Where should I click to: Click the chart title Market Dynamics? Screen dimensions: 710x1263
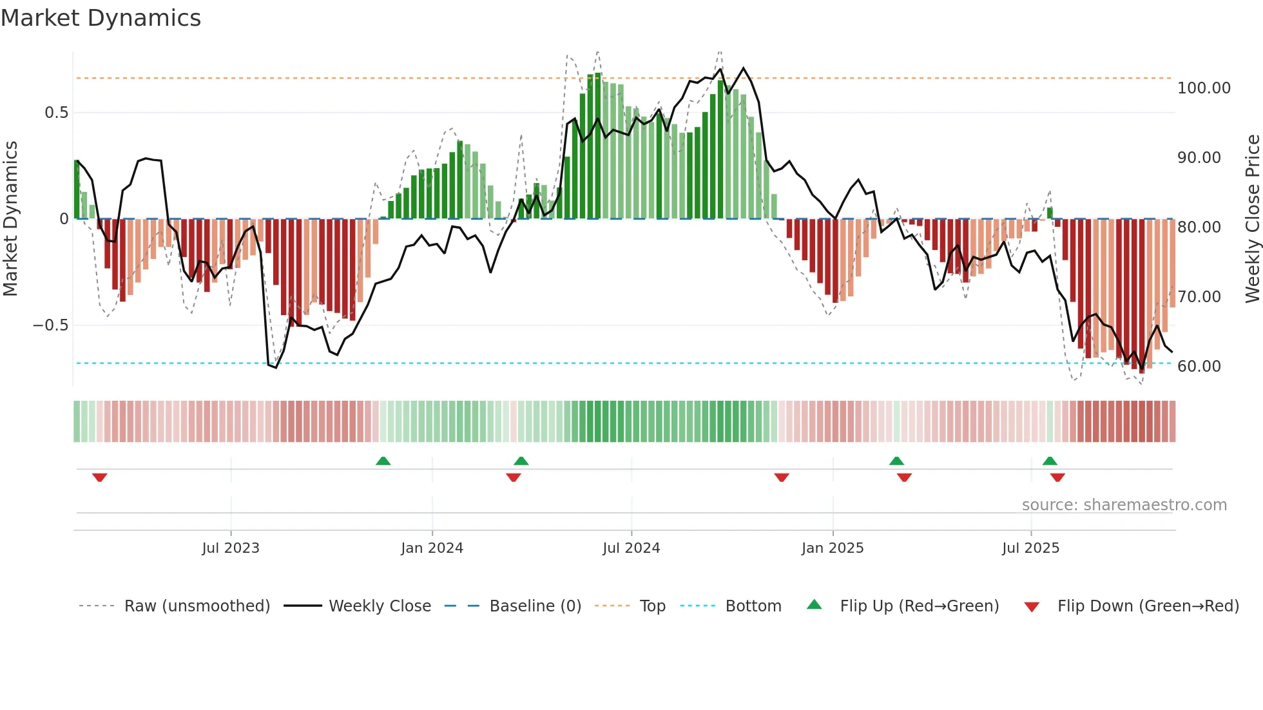pos(101,18)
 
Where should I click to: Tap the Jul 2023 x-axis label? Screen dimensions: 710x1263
pos(231,548)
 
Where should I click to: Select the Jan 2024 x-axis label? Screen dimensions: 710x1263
pos(432,548)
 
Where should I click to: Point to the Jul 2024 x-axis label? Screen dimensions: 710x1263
pos(631,548)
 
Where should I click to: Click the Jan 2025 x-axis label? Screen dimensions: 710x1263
pos(833,548)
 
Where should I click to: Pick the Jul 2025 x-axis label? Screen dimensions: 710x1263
pos(1030,548)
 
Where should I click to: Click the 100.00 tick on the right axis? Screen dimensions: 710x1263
pos(1204,88)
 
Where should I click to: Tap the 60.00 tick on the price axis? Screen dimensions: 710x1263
pos(1199,367)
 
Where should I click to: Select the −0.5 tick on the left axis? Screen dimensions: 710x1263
pos(50,325)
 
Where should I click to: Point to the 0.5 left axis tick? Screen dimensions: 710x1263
pos(56,113)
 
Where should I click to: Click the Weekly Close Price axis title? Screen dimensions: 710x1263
pos(1252,219)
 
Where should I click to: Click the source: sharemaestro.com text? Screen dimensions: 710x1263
pos(1124,505)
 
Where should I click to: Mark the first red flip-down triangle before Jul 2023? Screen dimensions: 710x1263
pos(99,477)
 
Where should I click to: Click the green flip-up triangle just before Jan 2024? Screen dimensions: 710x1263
pos(383,461)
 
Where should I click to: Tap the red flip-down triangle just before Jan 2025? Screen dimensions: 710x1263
pos(782,477)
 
